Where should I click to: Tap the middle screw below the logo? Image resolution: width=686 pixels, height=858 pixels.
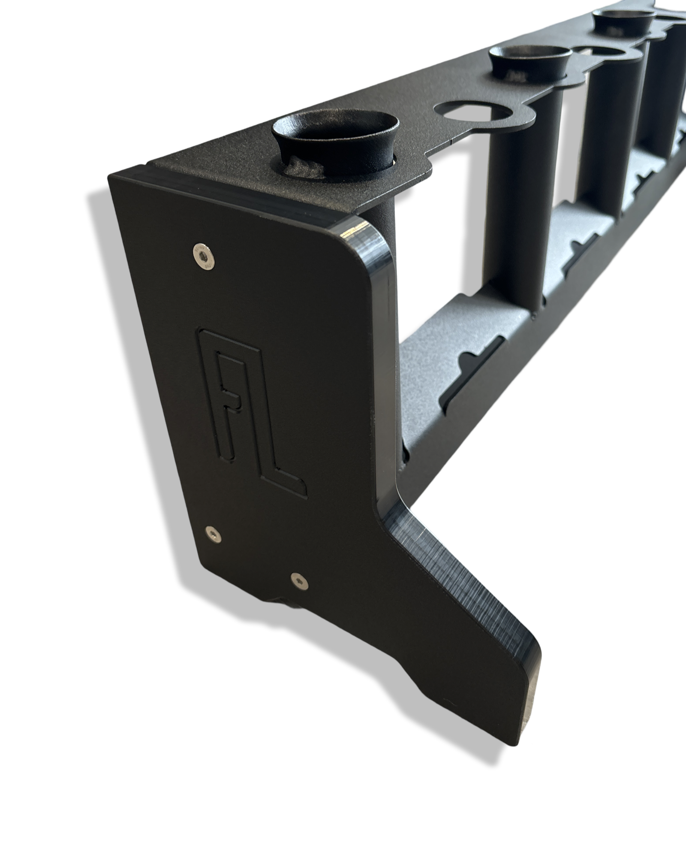click(212, 533)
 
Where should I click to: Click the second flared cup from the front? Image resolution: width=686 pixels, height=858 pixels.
click(531, 59)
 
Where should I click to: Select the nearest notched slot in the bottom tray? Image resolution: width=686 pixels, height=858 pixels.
click(476, 369)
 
